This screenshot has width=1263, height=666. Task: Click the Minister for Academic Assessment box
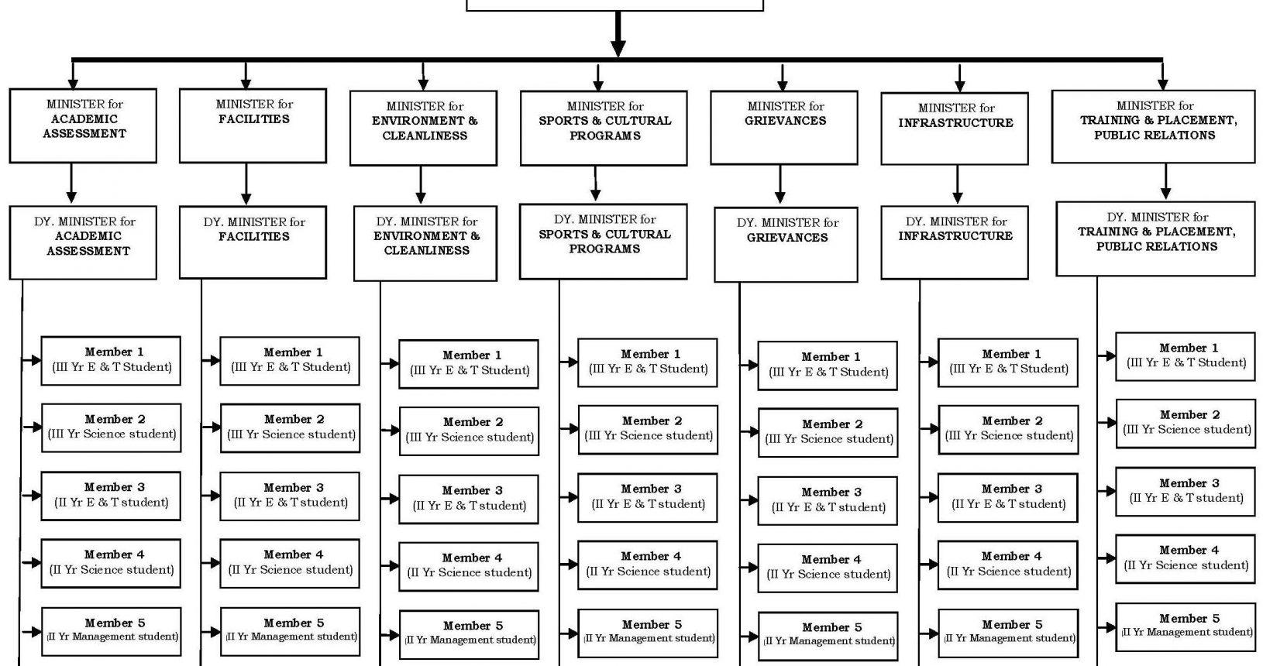(x=83, y=125)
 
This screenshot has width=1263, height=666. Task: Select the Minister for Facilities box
(x=253, y=125)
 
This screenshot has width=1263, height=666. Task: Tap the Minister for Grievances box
(x=783, y=128)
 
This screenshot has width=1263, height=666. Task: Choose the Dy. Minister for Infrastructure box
(x=955, y=242)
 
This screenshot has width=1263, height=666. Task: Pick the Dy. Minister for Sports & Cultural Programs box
(x=604, y=242)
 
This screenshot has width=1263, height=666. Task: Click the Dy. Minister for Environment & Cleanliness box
(x=425, y=243)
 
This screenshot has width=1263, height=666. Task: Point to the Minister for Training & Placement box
(x=1154, y=127)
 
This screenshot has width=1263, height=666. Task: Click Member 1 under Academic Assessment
(x=111, y=361)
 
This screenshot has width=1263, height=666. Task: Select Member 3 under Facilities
(x=290, y=496)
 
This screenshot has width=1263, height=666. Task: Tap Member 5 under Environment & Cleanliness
(x=469, y=634)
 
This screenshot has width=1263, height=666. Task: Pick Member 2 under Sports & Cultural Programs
(x=648, y=429)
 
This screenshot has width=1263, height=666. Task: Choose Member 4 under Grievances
(x=828, y=568)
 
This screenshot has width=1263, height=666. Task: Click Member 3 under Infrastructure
(x=1007, y=497)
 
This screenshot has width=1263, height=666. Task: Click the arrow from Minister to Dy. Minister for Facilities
(x=246, y=184)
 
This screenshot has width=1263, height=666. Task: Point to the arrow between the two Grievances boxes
(x=779, y=184)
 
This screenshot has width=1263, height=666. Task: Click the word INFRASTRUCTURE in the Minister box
(x=955, y=123)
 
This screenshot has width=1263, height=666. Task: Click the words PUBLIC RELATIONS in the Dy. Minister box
(x=1156, y=247)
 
